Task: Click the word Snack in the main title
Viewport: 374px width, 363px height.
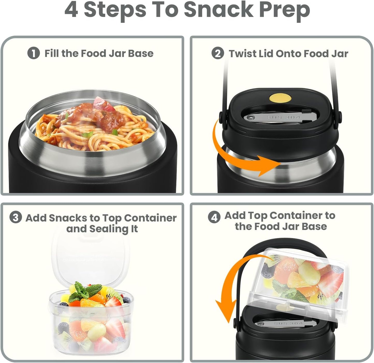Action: (x=219, y=10)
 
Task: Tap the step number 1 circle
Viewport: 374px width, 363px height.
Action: (x=34, y=53)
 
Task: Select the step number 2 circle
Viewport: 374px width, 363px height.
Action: (x=218, y=53)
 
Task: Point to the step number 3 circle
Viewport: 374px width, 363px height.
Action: (x=16, y=218)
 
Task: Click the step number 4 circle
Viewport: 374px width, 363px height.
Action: (x=214, y=217)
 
